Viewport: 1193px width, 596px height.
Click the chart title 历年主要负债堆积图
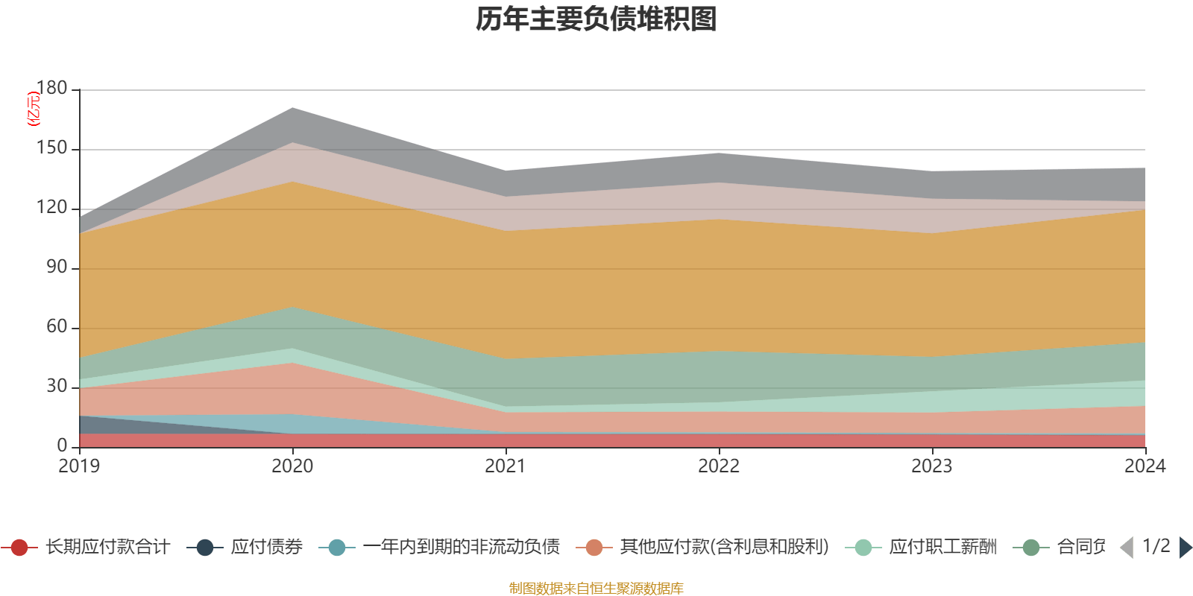coord(596,19)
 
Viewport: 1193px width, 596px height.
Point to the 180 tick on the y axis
coord(52,89)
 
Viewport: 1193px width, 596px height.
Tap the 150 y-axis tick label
coord(52,148)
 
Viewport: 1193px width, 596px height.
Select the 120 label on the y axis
coord(52,208)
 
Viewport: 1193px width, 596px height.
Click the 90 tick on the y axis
coord(57,267)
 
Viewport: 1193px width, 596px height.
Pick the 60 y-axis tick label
coord(57,327)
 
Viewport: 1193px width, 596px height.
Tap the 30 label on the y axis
coord(57,387)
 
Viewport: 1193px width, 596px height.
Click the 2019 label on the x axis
coord(79,466)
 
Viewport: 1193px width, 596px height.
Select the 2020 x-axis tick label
coord(292,466)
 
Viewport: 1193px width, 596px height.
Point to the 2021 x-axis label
coord(506,466)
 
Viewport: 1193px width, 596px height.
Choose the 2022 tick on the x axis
coord(719,466)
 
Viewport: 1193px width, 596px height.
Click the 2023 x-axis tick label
coord(932,466)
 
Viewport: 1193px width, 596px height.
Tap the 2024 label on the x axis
coord(1145,466)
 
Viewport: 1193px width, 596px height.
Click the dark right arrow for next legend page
coord(1185,548)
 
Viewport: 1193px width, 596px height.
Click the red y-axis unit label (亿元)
coord(34,109)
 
